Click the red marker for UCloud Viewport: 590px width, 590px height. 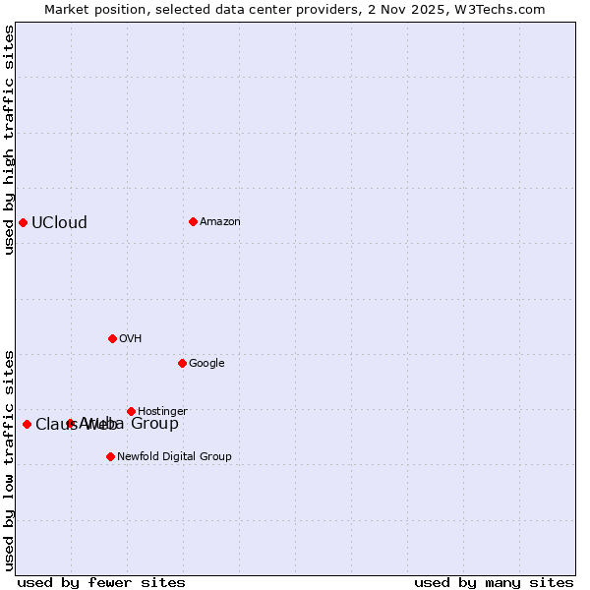pos(23,222)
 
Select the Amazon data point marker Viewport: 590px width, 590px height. pos(193,221)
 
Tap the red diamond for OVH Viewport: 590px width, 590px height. pos(112,338)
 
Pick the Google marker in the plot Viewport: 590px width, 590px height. pos(182,363)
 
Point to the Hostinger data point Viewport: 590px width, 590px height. pos(131,411)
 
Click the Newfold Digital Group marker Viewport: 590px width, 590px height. pos(110,456)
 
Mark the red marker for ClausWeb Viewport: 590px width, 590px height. pos(27,424)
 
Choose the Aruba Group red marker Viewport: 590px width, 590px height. pos(71,424)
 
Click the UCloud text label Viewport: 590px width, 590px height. pos(59,222)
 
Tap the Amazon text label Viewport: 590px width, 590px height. pos(220,221)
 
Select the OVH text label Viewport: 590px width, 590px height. pos(131,338)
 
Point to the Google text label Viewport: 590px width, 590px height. pos(206,363)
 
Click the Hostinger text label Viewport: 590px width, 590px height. pos(162,411)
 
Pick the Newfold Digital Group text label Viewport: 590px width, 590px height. pos(174,456)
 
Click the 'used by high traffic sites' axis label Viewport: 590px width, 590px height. pos(9,140)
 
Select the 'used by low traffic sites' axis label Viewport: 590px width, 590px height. pos(9,459)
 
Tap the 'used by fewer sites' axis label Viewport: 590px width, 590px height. pos(101,582)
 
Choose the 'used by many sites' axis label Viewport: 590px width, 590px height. pos(494,582)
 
